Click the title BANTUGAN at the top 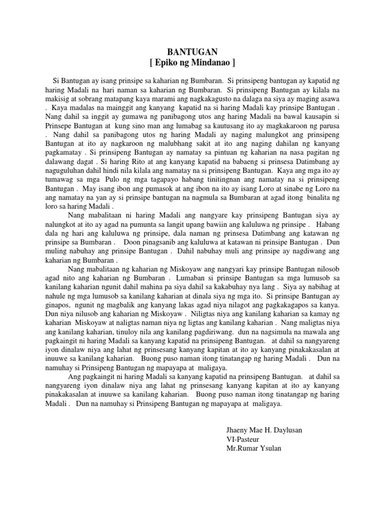[192, 52]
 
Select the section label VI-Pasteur [244, 439]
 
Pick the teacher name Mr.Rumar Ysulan [254, 448]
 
